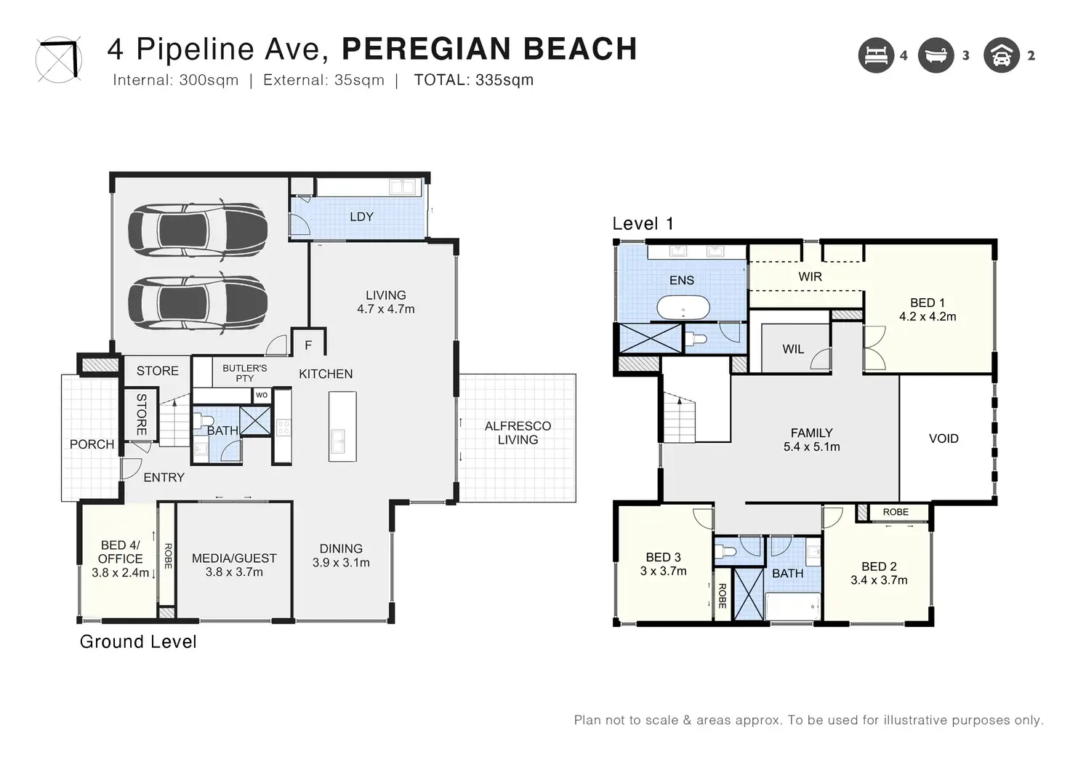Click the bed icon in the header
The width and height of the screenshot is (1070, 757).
876,55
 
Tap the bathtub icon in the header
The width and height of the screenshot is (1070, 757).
936,55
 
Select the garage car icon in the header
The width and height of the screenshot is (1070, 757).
1001,55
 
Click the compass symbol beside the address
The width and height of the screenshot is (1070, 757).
59,60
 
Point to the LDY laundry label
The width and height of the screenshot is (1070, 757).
361,217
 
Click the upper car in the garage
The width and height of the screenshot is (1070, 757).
197,230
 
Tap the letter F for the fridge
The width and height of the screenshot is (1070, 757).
309,345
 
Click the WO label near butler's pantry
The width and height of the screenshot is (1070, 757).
262,396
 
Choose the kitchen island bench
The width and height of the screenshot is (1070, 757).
342,426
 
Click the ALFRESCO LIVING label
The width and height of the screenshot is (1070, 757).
518,433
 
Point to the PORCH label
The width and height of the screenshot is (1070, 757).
92,444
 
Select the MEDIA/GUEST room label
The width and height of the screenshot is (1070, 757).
234,558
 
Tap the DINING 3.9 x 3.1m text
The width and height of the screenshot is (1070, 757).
341,556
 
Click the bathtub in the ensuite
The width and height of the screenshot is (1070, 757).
683,308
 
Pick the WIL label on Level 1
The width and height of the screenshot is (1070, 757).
793,349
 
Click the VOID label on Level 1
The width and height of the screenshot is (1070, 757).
944,438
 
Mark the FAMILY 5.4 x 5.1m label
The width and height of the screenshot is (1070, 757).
811,440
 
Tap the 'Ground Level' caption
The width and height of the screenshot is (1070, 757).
138,642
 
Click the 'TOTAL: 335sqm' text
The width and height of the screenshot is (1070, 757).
474,80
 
